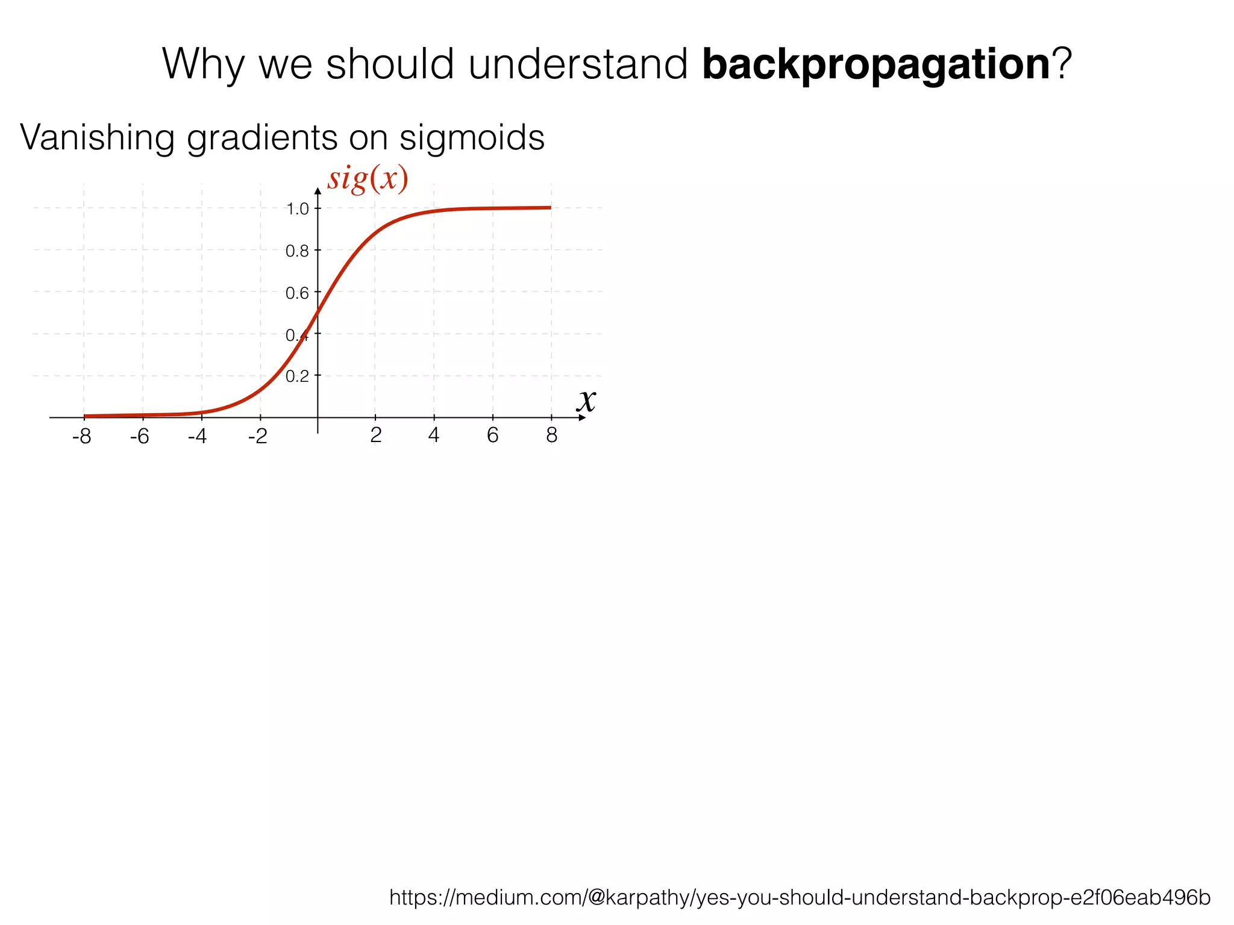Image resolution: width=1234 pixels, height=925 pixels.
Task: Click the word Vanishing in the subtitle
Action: [97, 138]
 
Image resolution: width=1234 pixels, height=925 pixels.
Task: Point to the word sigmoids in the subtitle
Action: [472, 138]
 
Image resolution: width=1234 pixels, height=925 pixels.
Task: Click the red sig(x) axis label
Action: [368, 179]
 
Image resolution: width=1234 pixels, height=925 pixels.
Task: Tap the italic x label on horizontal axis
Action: [586, 400]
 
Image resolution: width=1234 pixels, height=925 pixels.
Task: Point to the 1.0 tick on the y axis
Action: [297, 209]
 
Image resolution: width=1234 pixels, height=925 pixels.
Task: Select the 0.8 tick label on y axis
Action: [297, 251]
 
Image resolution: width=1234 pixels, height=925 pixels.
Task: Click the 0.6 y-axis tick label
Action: [297, 293]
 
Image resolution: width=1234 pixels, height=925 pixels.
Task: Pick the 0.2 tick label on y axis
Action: [297, 376]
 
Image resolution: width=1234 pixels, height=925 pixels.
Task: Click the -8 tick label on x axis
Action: [81, 437]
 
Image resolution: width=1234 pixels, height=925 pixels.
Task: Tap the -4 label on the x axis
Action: [197, 437]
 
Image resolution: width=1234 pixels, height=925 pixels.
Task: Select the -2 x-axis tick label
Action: [257, 437]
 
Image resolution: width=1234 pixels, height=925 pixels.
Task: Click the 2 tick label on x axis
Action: [375, 435]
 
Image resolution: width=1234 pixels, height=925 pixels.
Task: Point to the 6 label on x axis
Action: [492, 435]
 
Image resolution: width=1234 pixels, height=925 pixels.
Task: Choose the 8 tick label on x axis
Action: [551, 435]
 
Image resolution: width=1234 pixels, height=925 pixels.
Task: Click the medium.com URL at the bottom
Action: [800, 897]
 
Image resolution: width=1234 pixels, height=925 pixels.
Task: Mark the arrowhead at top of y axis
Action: [318, 192]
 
